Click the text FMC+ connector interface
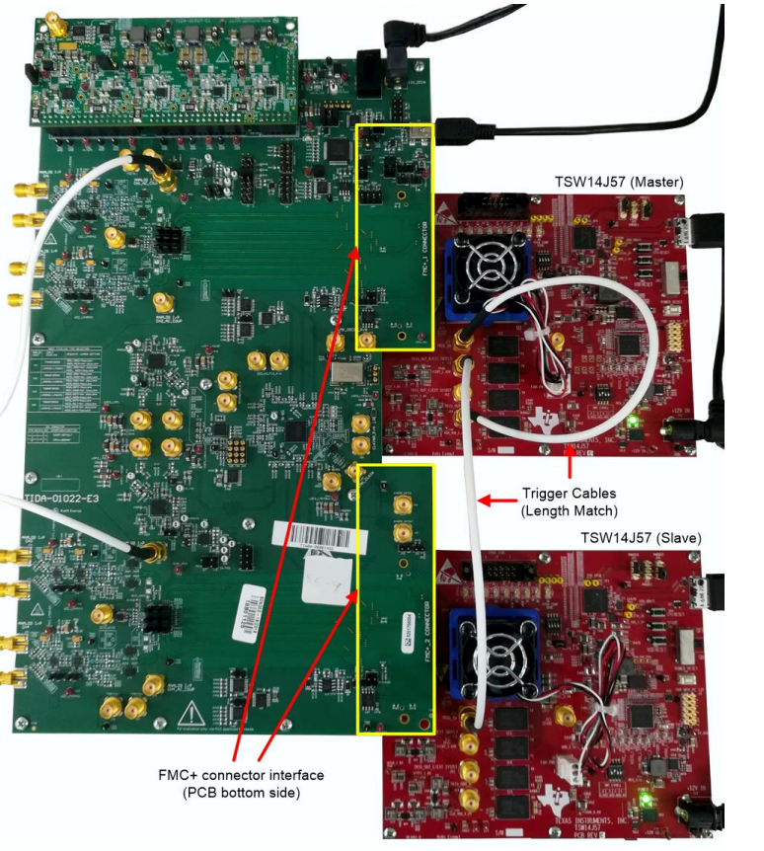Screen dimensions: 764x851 [241, 775]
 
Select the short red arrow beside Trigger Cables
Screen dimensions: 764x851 [497, 501]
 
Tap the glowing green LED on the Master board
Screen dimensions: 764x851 [633, 423]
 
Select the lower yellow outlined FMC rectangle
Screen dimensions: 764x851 [395, 599]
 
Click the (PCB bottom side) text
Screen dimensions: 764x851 [240, 793]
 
